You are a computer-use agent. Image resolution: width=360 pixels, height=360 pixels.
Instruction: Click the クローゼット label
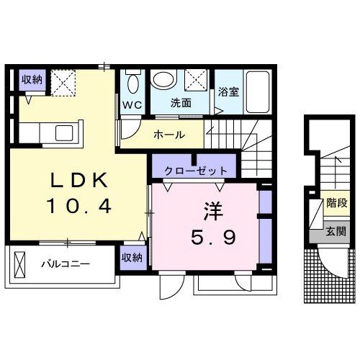[x=196, y=171]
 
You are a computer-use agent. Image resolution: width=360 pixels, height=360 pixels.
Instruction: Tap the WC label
[x=132, y=104]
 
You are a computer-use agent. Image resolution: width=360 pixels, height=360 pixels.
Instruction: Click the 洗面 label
[x=181, y=103]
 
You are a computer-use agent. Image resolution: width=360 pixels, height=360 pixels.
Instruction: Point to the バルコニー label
[x=65, y=264]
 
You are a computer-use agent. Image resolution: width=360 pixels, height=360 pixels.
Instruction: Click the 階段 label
[x=333, y=204]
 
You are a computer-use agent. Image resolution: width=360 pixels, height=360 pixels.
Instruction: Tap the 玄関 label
[x=333, y=232]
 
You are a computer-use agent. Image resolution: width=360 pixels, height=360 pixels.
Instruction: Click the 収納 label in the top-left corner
[x=32, y=79]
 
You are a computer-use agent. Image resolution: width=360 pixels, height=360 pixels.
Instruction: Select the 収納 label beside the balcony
[x=132, y=257]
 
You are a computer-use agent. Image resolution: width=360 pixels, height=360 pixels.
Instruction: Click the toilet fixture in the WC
[x=132, y=84]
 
